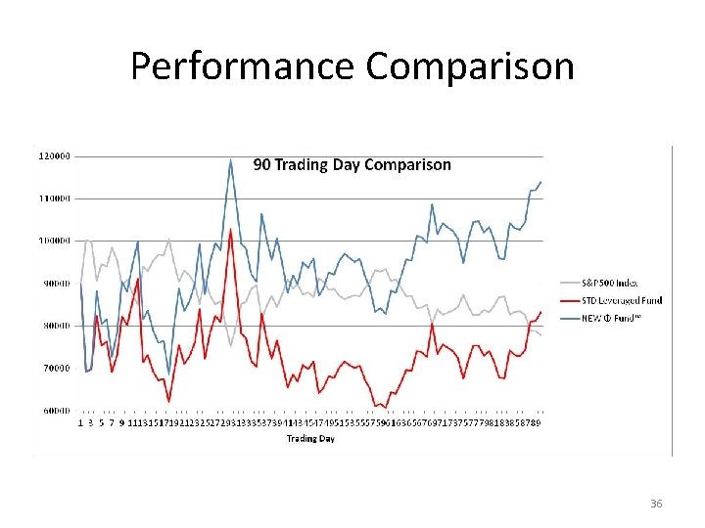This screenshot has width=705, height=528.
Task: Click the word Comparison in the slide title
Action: click(469, 66)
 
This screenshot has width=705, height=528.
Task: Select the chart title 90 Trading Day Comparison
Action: click(352, 164)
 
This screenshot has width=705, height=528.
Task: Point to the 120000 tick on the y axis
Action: click(53, 155)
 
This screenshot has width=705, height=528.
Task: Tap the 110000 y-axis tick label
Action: click(53, 198)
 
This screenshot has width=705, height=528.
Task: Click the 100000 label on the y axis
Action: click(53, 241)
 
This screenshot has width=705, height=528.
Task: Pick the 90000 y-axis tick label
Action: click(55, 284)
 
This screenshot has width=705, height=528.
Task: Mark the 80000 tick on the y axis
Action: click(55, 326)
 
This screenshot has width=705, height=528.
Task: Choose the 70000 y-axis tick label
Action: click(55, 369)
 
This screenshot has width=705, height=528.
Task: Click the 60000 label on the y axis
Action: click(55, 411)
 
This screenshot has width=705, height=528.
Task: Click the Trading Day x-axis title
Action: click(310, 439)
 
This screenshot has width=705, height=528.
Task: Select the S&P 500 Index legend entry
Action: click(609, 284)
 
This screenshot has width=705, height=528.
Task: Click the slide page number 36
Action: click(656, 504)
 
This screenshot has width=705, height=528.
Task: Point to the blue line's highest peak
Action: click(231, 159)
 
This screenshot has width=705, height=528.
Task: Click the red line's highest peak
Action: click(231, 230)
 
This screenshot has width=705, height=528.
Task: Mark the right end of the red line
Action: click(541, 312)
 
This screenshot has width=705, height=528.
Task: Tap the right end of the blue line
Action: click(541, 182)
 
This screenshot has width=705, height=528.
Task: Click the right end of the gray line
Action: click(541, 335)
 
